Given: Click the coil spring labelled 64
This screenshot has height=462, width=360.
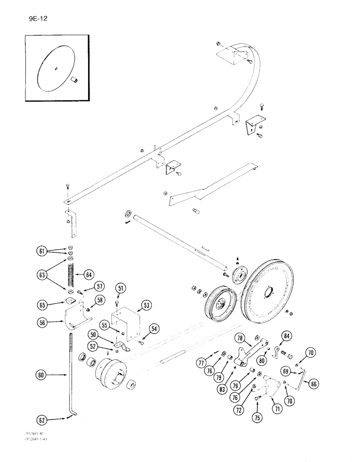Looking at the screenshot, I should pyautogui.click(x=71, y=276).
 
